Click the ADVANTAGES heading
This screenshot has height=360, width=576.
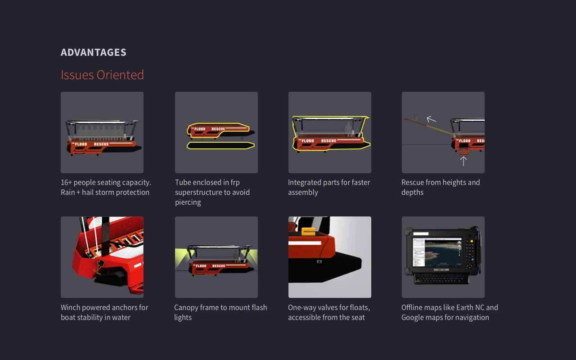94,52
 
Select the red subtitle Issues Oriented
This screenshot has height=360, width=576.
102,75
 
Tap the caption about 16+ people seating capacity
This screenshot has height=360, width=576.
106,187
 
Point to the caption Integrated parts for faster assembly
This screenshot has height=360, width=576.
329,187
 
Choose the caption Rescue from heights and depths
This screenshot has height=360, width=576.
441,187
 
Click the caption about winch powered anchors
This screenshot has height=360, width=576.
104,312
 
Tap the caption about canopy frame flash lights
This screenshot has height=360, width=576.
220,312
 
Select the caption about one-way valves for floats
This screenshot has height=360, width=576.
329,312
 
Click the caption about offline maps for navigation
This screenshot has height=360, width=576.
450,312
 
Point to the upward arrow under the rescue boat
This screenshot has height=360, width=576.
463,161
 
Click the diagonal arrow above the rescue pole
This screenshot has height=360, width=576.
431,119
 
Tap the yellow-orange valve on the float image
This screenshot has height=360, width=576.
308,231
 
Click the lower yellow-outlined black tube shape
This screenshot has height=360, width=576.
220,145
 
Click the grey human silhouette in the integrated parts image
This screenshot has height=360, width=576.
348,129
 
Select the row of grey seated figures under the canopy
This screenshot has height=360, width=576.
102,131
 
